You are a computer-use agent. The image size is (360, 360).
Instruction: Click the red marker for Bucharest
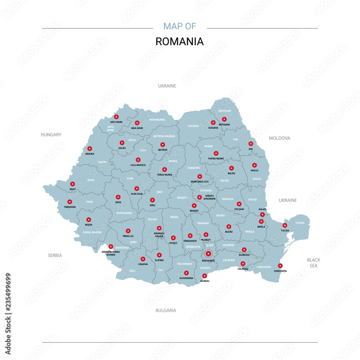click(x=208, y=254)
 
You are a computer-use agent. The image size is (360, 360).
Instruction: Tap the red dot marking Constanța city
click(x=280, y=266)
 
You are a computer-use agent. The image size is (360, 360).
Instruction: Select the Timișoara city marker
click(x=70, y=202)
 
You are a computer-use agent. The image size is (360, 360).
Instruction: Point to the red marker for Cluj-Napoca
click(x=138, y=160)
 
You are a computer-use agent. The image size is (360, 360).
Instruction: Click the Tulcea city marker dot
click(x=285, y=225)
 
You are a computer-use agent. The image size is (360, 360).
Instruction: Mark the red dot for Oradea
click(x=90, y=148)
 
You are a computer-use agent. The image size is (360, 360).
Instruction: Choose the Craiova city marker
click(x=143, y=259)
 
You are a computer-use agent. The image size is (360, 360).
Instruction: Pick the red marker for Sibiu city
click(x=152, y=200)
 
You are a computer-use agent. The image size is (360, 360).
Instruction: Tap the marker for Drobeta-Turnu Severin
click(x=111, y=247)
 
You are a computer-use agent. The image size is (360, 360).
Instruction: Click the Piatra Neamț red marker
click(x=216, y=153)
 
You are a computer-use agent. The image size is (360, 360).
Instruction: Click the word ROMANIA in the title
click(x=179, y=41)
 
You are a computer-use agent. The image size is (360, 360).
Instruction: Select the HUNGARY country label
click(x=51, y=135)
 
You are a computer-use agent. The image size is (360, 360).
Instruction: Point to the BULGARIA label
click(x=166, y=310)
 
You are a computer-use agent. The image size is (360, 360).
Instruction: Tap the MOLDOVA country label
click(x=279, y=138)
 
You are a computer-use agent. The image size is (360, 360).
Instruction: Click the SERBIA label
click(x=55, y=255)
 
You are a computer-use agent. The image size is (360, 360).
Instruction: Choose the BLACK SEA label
click(x=314, y=262)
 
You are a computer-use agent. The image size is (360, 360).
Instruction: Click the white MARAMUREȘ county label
click(x=157, y=120)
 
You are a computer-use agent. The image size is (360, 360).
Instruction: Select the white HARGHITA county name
click(x=193, y=168)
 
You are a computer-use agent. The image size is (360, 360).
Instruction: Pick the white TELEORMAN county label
click(x=185, y=264)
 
